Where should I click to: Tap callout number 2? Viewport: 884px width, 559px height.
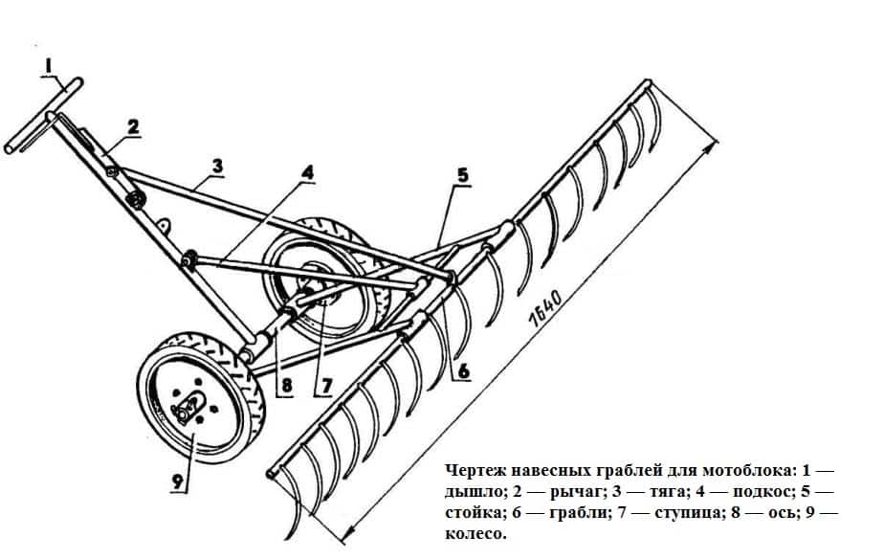133,125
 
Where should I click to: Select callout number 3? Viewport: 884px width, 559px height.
218,166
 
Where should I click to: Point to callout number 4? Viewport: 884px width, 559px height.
307,173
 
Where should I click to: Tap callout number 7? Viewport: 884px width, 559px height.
325,386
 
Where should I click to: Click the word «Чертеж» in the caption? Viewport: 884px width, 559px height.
478,472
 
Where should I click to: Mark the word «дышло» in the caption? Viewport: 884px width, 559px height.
475,493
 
